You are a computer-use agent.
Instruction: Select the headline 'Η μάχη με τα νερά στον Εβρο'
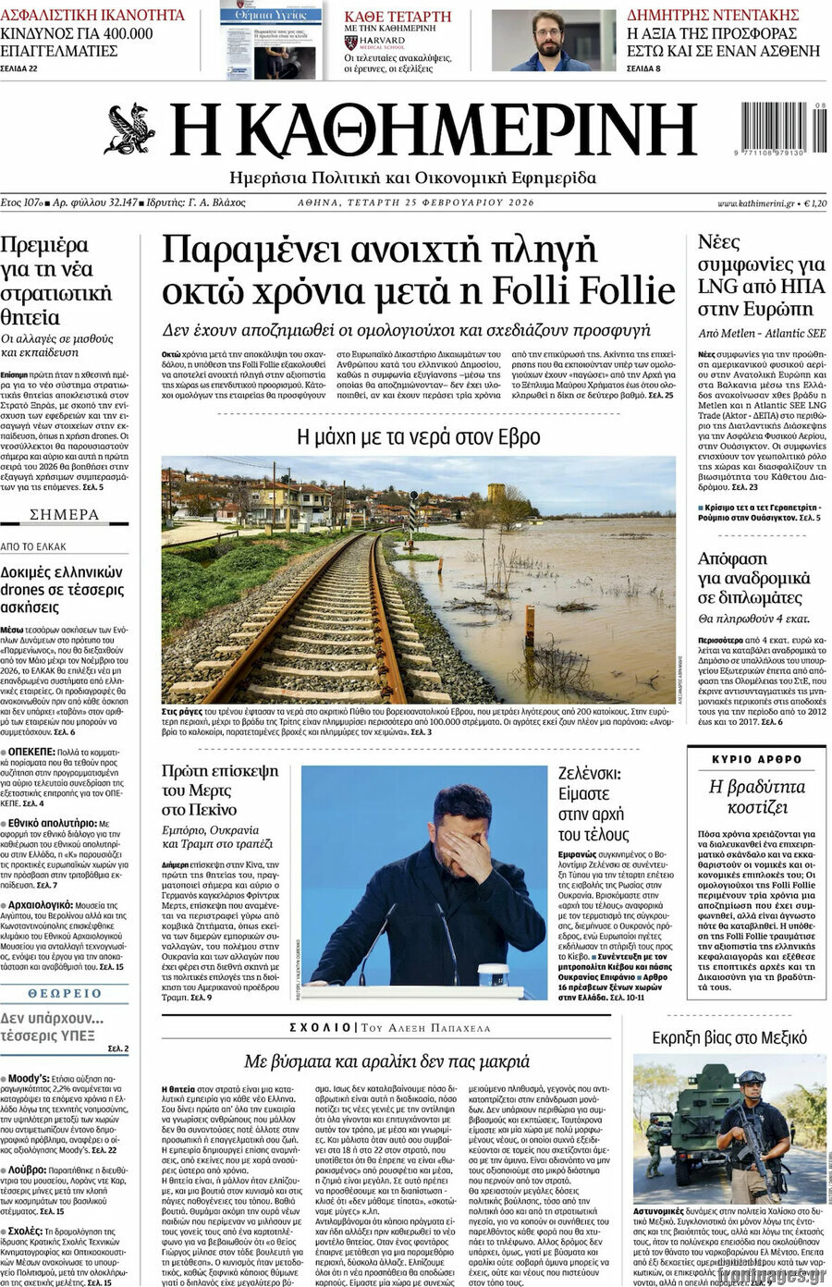(418, 436)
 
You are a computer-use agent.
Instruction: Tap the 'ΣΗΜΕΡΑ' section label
(65, 515)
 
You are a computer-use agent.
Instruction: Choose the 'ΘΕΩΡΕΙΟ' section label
(65, 994)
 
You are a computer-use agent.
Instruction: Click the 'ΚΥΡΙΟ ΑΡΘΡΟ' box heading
(757, 759)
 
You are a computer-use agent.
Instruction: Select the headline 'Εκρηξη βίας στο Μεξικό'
(729, 1037)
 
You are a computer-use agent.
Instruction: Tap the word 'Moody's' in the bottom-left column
(28, 1078)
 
